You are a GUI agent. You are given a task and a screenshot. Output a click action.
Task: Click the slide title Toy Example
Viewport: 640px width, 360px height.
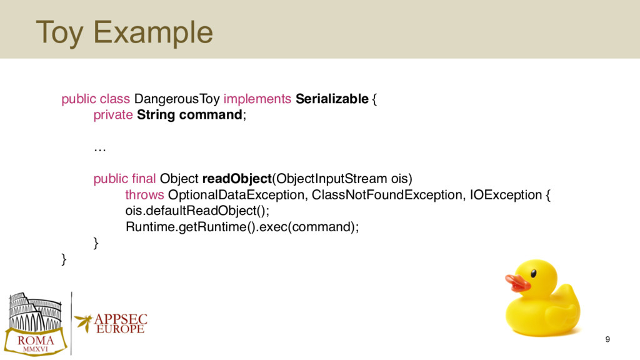pos(124,32)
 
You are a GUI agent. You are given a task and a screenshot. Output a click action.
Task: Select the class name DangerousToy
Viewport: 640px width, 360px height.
pos(177,99)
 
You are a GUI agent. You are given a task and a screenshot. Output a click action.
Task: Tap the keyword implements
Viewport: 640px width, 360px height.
pos(257,99)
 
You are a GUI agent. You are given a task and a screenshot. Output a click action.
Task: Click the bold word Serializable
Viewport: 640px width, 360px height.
pos(332,99)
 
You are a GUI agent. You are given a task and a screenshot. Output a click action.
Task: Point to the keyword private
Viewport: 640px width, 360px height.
pos(113,115)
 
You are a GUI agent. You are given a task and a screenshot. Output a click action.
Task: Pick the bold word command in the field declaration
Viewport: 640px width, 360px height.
pos(211,115)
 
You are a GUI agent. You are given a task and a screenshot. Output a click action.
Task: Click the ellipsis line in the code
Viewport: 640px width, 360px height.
pos(100,150)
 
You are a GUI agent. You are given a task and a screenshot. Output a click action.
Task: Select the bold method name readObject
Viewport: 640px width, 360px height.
pos(237,179)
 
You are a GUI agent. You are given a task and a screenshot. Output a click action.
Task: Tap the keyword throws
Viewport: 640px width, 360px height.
pos(144,195)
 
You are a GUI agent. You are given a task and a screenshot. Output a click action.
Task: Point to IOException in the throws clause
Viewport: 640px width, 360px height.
pos(506,195)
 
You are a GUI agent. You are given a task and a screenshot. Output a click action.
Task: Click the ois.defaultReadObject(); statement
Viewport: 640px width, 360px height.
pos(197,211)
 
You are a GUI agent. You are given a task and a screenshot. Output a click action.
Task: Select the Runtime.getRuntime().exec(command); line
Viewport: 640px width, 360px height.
pos(242,227)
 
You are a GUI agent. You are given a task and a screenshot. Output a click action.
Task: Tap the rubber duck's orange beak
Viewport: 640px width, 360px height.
pos(517,282)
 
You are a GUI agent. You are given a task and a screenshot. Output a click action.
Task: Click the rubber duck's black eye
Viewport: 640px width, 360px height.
pos(534,274)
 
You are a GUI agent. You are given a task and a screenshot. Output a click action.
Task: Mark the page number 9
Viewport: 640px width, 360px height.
pos(607,339)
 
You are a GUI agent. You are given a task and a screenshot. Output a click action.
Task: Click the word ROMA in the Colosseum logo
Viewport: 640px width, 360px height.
pos(36,341)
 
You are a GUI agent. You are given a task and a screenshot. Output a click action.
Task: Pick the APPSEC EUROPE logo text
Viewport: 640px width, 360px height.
pos(121,324)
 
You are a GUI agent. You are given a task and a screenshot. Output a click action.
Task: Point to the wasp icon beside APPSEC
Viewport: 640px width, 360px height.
pos(84,322)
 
